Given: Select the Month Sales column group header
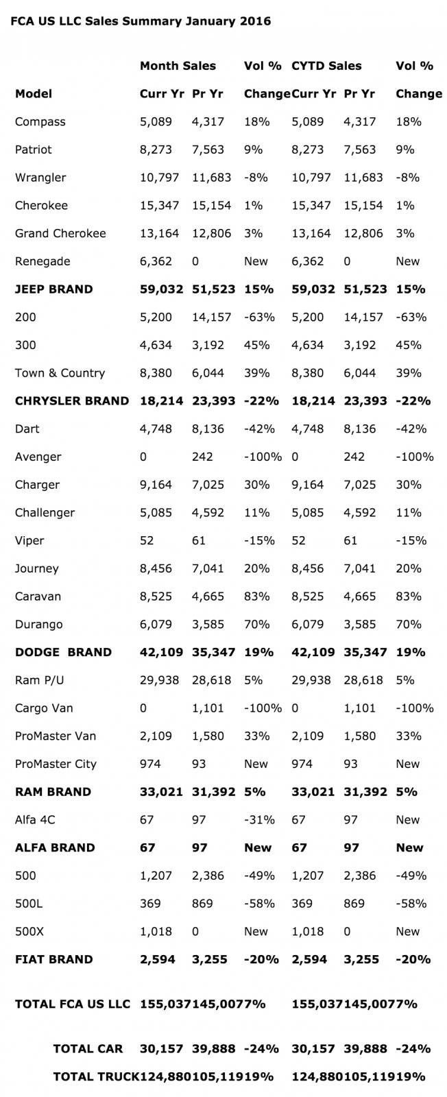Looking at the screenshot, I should coord(178,66).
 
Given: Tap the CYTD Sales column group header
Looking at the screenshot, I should coord(326,66).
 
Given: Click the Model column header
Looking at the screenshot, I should coord(34,94).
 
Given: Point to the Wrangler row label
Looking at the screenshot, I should coord(40,178).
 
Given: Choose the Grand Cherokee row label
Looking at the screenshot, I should coord(60,233).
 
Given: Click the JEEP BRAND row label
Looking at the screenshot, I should coord(53,289).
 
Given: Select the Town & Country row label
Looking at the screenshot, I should coord(60,373).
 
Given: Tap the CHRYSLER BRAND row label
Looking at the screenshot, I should coord(72,401).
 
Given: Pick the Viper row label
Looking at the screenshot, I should coord(29,540).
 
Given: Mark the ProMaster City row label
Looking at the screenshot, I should coord(56,764).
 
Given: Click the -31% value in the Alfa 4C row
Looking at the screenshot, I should coord(259,820).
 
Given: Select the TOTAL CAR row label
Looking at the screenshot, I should coord(88,1049).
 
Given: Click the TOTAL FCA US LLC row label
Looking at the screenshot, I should coord(72,1004).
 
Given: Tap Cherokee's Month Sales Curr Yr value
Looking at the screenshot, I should coord(159,206).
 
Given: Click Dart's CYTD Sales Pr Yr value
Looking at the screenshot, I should coord(360,429).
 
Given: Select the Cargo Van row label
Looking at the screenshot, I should coord(44,708).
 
